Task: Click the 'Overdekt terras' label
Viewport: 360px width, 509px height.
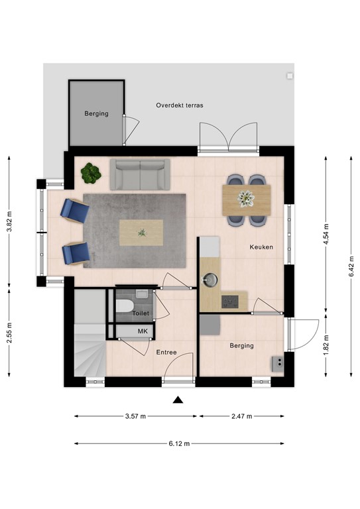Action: coord(179,105)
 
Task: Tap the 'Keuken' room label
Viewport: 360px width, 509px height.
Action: coord(261,247)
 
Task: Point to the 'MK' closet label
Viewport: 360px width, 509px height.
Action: coord(142,331)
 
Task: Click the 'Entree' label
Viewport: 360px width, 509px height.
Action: coord(166,352)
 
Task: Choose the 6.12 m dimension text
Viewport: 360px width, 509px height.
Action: coord(179,443)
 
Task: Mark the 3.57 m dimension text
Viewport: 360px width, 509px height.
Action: coord(135,416)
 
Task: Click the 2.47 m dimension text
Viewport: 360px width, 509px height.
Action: coord(242,416)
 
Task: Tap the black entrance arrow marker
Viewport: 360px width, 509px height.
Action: coord(178,399)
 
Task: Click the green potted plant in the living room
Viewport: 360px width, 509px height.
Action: coord(91,174)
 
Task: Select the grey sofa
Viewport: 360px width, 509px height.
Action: coord(139,174)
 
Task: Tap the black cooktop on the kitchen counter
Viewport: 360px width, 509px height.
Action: coord(230,301)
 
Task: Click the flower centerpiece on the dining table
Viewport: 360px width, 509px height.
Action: coord(247,198)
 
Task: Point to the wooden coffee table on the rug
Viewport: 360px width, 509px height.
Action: coord(141,232)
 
